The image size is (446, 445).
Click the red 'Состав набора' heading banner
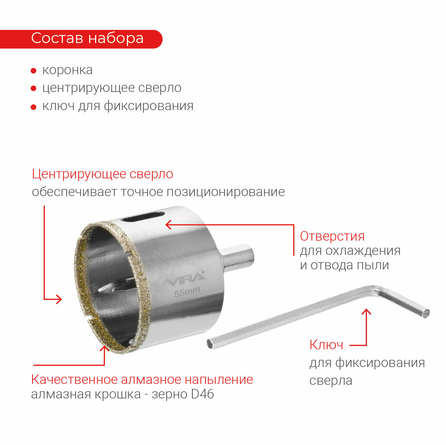(81, 39)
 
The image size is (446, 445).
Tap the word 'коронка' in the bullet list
(67, 70)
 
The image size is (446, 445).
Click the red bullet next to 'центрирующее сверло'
(34, 88)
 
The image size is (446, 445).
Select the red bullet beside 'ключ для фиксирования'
(34, 107)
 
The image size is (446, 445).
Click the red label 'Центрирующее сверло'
(103, 174)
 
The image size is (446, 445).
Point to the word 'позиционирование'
(226, 192)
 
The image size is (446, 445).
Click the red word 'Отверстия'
(332, 236)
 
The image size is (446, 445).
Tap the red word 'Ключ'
(326, 345)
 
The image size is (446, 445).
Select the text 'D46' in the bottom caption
(203, 394)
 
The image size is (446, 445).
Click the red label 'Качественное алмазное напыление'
(142, 379)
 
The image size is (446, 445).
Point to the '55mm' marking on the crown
(187, 292)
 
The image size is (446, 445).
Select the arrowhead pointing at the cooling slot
(168, 225)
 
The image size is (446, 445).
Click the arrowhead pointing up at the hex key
(367, 312)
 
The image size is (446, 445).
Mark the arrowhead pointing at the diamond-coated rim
(105, 349)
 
